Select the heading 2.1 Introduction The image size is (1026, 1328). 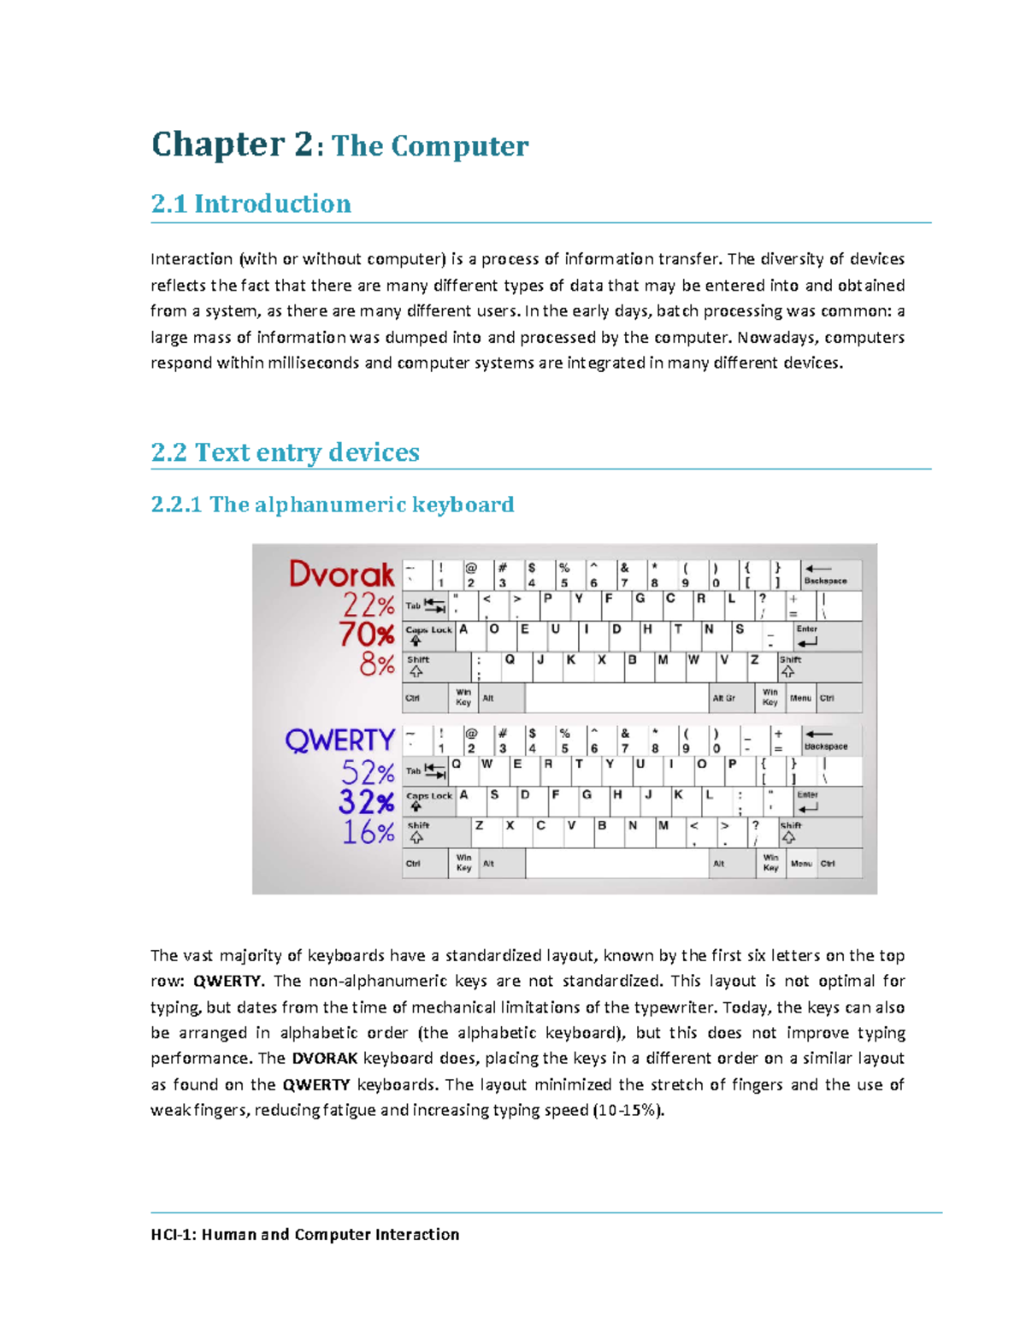[251, 204]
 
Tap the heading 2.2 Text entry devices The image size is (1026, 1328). [285, 452]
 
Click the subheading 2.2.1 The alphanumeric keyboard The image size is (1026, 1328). [332, 505]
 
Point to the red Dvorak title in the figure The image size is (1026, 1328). [341, 574]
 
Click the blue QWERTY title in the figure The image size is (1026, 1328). [339, 740]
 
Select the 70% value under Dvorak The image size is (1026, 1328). [367, 634]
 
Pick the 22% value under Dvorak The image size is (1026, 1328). [369, 605]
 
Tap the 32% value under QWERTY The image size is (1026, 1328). [366, 802]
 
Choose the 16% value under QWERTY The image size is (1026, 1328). [369, 831]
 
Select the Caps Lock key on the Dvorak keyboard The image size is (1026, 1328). [427, 635]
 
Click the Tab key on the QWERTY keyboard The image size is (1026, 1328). [424, 770]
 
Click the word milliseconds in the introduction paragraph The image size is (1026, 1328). [314, 363]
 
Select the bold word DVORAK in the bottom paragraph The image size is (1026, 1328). [324, 1058]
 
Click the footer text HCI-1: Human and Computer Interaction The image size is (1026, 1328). [305, 1234]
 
